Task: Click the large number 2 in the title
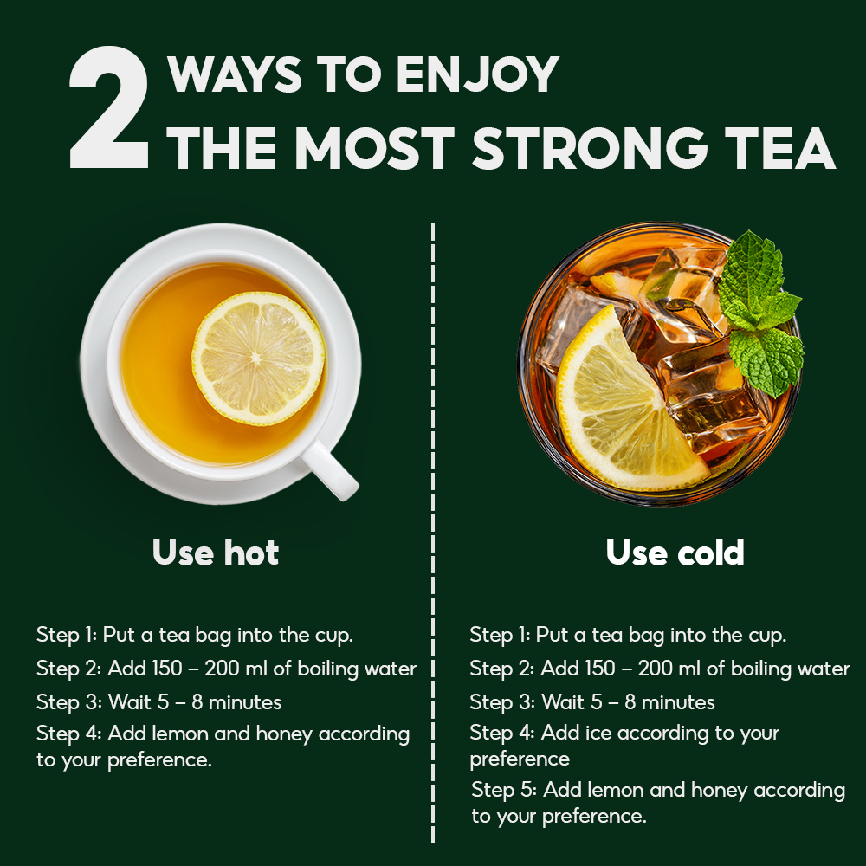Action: tap(109, 107)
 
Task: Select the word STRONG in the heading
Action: tap(589, 148)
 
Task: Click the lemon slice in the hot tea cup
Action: tap(258, 358)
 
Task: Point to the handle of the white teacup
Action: tap(330, 469)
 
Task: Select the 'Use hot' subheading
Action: tap(216, 552)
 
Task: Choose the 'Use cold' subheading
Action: tap(675, 552)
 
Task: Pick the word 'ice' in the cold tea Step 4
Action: tap(598, 733)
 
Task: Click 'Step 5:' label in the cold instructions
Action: tap(504, 790)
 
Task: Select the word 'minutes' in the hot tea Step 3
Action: tap(245, 702)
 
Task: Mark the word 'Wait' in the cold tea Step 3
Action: tap(562, 702)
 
